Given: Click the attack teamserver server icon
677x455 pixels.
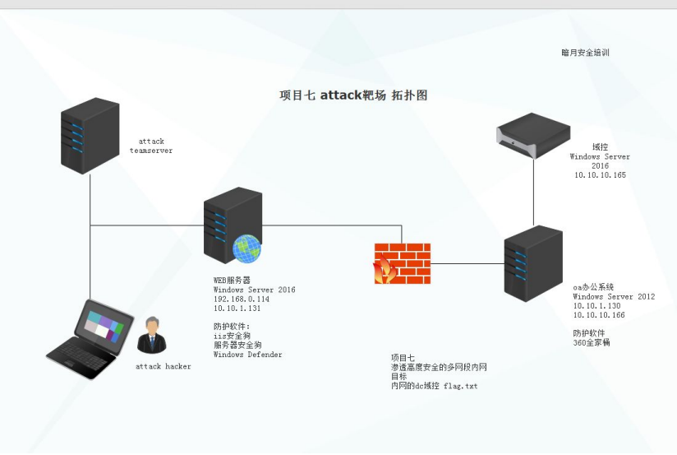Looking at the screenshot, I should pyautogui.click(x=90, y=135).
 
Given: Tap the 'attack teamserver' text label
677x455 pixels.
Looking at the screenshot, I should pyautogui.click(x=151, y=146).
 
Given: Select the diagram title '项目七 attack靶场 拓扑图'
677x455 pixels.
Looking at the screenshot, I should pyautogui.click(x=353, y=95).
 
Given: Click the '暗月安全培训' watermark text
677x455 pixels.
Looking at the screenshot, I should pyautogui.click(x=585, y=53).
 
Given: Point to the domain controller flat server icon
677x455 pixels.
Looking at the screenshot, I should pyautogui.click(x=533, y=135).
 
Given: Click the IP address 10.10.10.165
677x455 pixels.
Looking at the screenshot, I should pyautogui.click(x=600, y=175).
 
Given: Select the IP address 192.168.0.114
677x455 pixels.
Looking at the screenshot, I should pyautogui.click(x=242, y=299).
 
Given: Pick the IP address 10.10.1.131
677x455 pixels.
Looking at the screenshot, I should pyautogui.click(x=237, y=309).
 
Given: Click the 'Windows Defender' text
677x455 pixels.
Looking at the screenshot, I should pyautogui.click(x=247, y=355).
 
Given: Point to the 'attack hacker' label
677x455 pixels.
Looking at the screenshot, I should pyautogui.click(x=163, y=366).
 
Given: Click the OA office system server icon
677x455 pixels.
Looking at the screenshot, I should pyautogui.click(x=533, y=264).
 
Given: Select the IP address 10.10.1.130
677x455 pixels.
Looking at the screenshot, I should pyautogui.click(x=596, y=306).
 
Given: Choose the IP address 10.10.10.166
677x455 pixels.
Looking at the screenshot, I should pyautogui.click(x=599, y=316).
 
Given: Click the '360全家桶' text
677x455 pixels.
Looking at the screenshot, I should pyautogui.click(x=592, y=342).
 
